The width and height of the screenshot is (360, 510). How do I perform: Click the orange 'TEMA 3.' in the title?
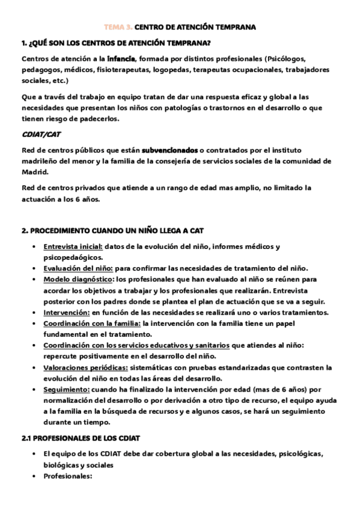click(x=118, y=27)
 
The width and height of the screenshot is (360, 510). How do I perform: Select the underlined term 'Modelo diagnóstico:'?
click(x=78, y=279)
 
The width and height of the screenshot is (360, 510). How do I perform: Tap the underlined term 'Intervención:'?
click(x=66, y=312)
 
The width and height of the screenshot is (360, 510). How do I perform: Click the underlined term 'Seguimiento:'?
click(x=66, y=389)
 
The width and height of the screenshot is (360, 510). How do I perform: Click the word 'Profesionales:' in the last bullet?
click(x=67, y=476)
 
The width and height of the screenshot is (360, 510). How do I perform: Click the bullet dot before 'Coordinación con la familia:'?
click(x=32, y=324)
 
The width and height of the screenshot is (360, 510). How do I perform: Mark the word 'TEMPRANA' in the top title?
click(x=236, y=27)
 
